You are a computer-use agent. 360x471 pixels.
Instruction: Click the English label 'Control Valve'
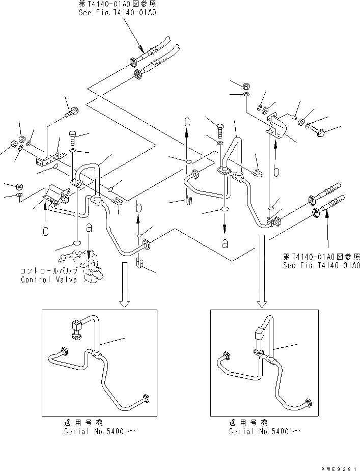(x=49, y=280)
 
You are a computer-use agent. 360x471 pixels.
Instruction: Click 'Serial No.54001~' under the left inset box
(x=100, y=431)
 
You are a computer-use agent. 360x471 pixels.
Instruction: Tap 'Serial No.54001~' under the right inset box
(x=264, y=431)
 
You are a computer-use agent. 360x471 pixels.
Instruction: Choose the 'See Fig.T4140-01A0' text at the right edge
(x=321, y=265)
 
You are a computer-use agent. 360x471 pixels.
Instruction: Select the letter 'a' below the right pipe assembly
(x=225, y=243)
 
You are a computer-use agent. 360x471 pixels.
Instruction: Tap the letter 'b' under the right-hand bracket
(x=275, y=171)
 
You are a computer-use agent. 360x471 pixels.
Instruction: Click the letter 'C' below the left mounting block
(x=46, y=232)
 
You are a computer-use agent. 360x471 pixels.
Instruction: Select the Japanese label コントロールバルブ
(x=49, y=271)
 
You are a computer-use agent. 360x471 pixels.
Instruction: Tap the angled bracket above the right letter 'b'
(x=276, y=126)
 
